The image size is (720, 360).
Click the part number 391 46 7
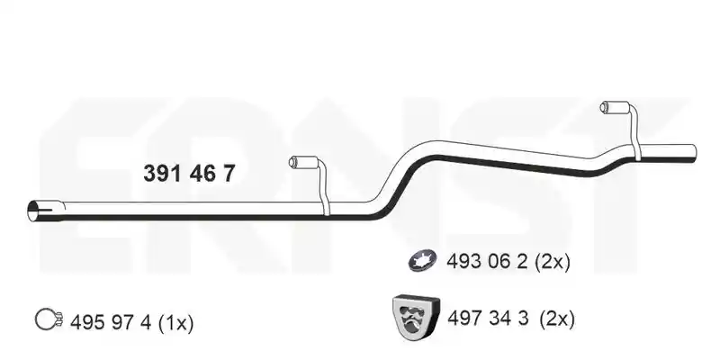point(189,174)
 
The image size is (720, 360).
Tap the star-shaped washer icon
point(422,261)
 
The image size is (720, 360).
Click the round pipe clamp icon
point(49,319)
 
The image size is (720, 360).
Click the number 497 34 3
point(488,318)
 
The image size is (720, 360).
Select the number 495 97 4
point(111,322)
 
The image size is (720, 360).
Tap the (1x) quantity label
point(175,323)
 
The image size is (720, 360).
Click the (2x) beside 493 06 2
point(553,262)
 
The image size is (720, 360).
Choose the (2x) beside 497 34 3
point(557,319)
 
